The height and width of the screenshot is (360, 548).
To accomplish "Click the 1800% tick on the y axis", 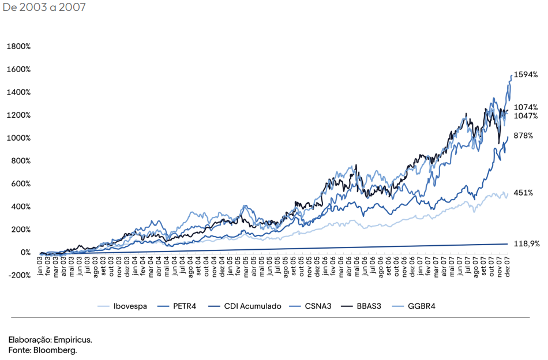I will (18, 46).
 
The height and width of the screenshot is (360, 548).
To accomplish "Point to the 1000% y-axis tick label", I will (18, 138).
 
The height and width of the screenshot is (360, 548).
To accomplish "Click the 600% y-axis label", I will (20, 183).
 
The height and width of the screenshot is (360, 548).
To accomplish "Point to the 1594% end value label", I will (526, 74).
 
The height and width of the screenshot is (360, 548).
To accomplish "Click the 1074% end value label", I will (526, 107).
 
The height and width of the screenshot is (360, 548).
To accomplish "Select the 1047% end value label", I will (526, 116).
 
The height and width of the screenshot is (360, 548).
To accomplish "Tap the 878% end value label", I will (523, 136).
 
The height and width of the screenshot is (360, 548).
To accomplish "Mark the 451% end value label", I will (523, 193).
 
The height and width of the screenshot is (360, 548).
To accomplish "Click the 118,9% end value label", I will (527, 244).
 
